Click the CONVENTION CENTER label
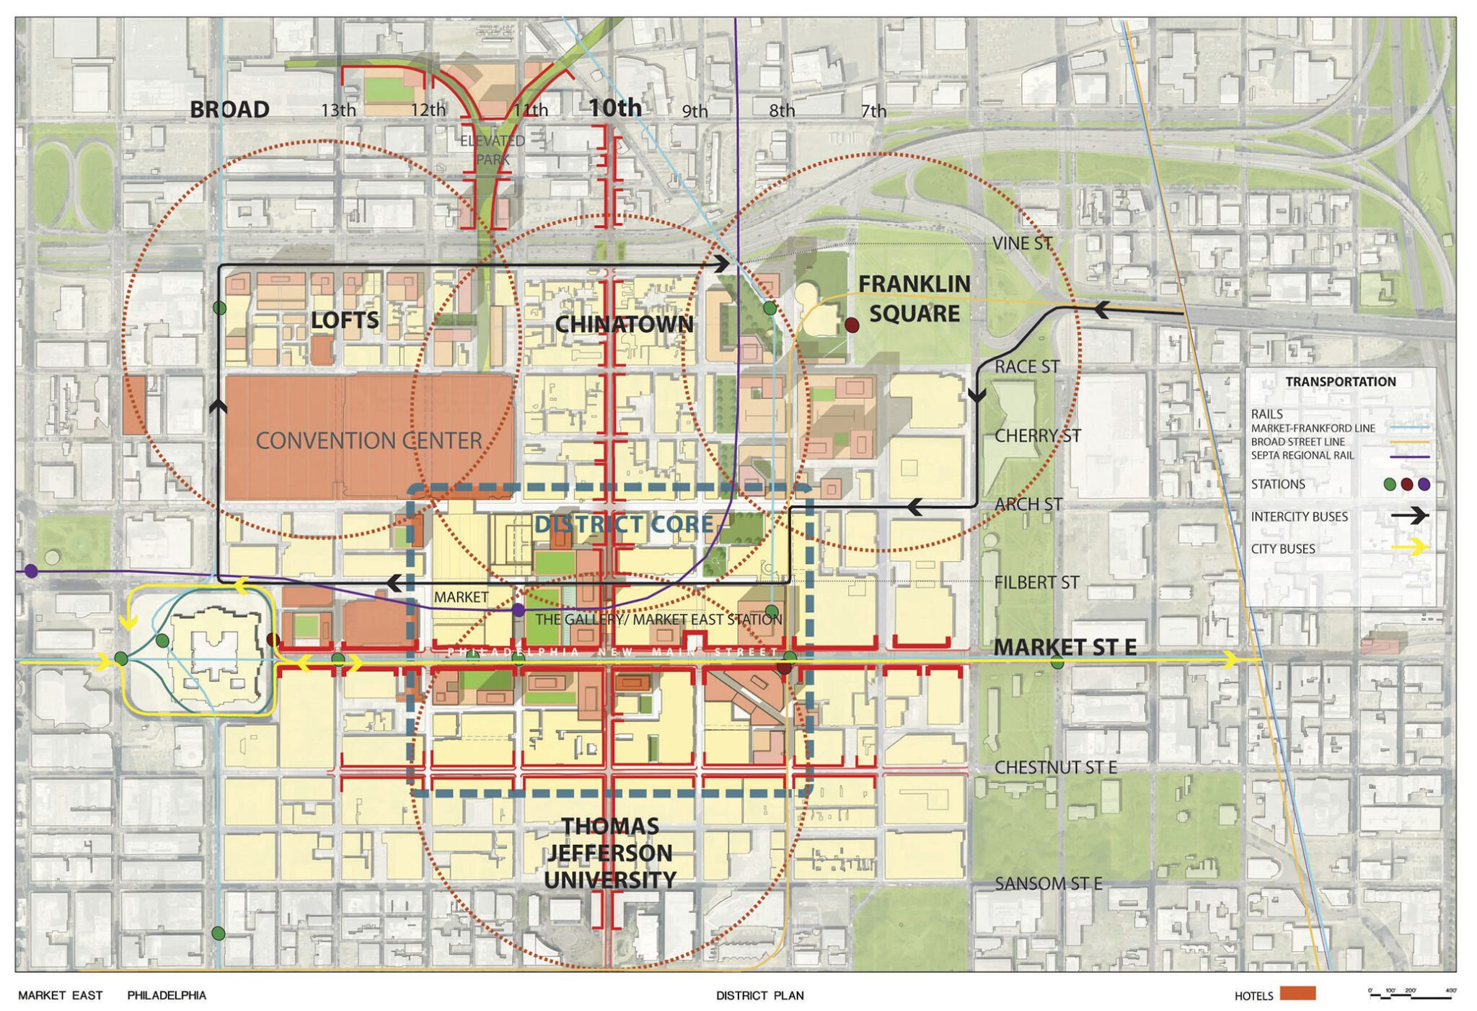pyautogui.click(x=369, y=440)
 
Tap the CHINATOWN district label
pyautogui.click(x=624, y=325)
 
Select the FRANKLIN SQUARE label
pyautogui.click(x=914, y=299)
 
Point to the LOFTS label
pyautogui.click(x=345, y=320)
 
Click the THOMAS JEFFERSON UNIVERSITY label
pyautogui.click(x=610, y=853)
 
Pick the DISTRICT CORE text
pyautogui.click(x=624, y=524)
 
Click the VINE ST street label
pyautogui.click(x=1022, y=244)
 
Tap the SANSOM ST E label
pyautogui.click(x=1048, y=883)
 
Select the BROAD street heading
pyautogui.click(x=229, y=110)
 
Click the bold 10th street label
pyautogui.click(x=614, y=108)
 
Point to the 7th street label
pyautogui.click(x=873, y=111)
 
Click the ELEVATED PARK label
pyautogui.click(x=493, y=150)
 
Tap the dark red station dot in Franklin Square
pyautogui.click(x=852, y=325)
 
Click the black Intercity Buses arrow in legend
pyautogui.click(x=1409, y=516)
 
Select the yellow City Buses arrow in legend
pyautogui.click(x=1409, y=547)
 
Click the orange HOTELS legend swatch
pyautogui.click(x=1297, y=994)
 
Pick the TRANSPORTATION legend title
pyautogui.click(x=1340, y=381)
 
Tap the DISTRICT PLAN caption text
pyautogui.click(x=759, y=995)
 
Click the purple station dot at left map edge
pyautogui.click(x=31, y=571)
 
